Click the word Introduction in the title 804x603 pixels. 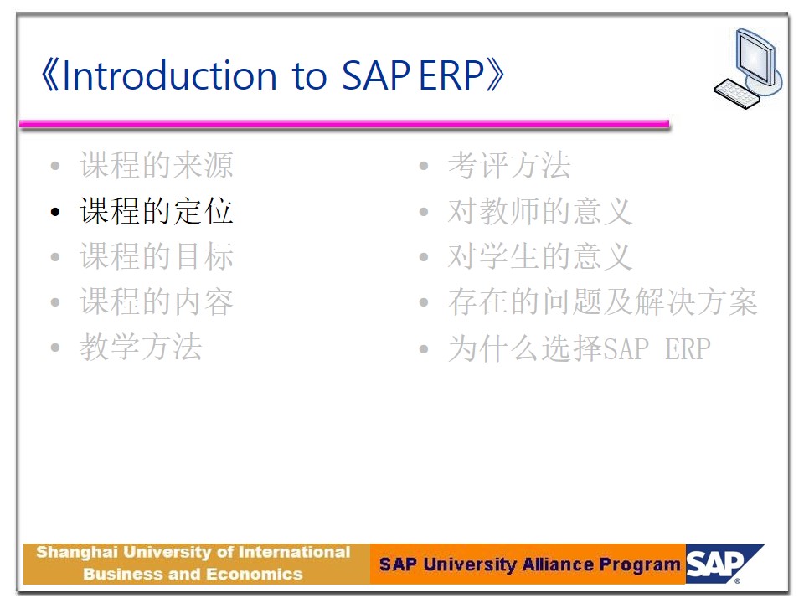point(170,75)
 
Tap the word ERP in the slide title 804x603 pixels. point(451,75)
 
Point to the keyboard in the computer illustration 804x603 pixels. point(736,93)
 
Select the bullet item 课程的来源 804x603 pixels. point(157,165)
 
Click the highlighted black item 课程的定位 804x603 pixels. point(157,211)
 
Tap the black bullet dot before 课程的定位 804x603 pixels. point(55,212)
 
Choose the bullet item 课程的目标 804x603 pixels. point(157,256)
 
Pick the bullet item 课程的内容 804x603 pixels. point(157,301)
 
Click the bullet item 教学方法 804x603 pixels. point(141,347)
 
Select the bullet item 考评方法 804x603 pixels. point(509,165)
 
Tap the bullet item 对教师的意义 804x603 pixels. point(540,211)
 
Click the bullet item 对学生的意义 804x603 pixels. point(540,256)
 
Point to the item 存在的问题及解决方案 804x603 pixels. point(602,301)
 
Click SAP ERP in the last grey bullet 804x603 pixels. point(657,349)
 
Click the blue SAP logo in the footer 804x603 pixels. point(724,564)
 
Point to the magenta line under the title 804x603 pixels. point(344,124)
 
